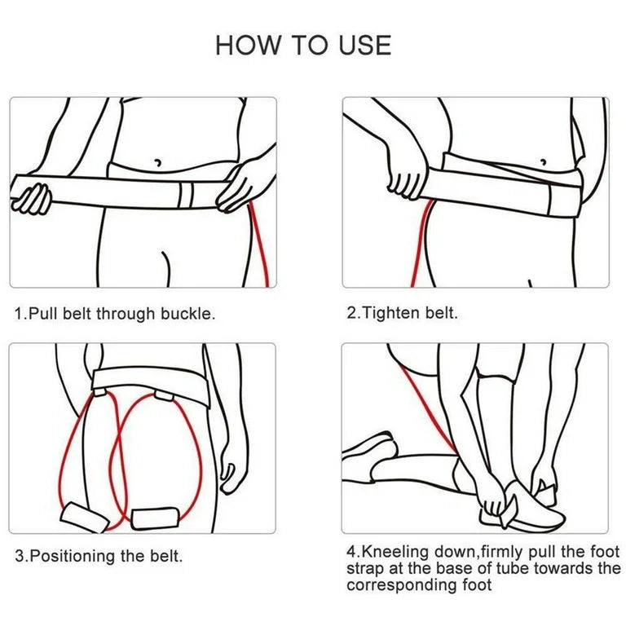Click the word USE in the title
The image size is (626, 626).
click(x=361, y=45)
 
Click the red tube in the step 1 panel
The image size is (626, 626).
click(x=262, y=245)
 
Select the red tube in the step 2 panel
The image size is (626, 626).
click(x=422, y=245)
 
